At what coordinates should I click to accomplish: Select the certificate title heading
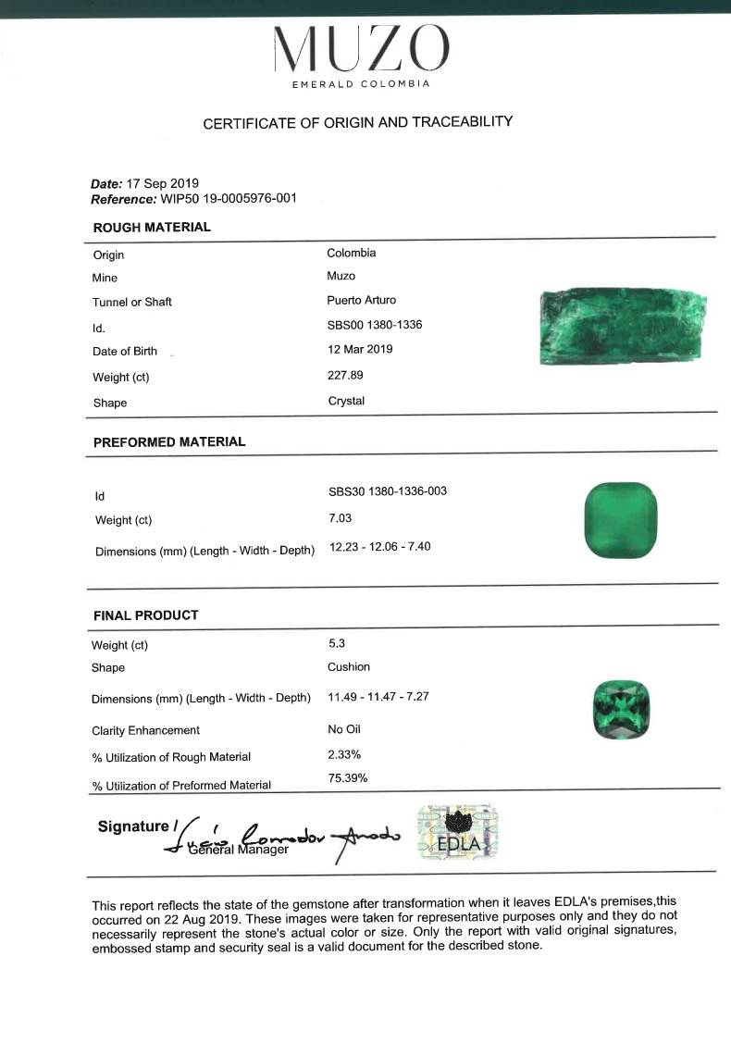(x=357, y=122)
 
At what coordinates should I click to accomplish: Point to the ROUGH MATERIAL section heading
(x=152, y=227)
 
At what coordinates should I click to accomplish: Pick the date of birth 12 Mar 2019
(x=360, y=349)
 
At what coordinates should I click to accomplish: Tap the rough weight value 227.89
(x=344, y=375)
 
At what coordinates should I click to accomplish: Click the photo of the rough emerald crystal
(x=623, y=329)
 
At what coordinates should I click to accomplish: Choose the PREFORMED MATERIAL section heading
(x=169, y=441)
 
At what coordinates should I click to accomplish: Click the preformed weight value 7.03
(x=341, y=518)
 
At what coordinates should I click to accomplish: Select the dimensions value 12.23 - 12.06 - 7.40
(x=379, y=547)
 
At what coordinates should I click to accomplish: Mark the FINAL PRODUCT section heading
(x=145, y=615)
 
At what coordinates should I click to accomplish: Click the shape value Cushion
(x=348, y=666)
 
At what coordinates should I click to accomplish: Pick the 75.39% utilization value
(x=348, y=777)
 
